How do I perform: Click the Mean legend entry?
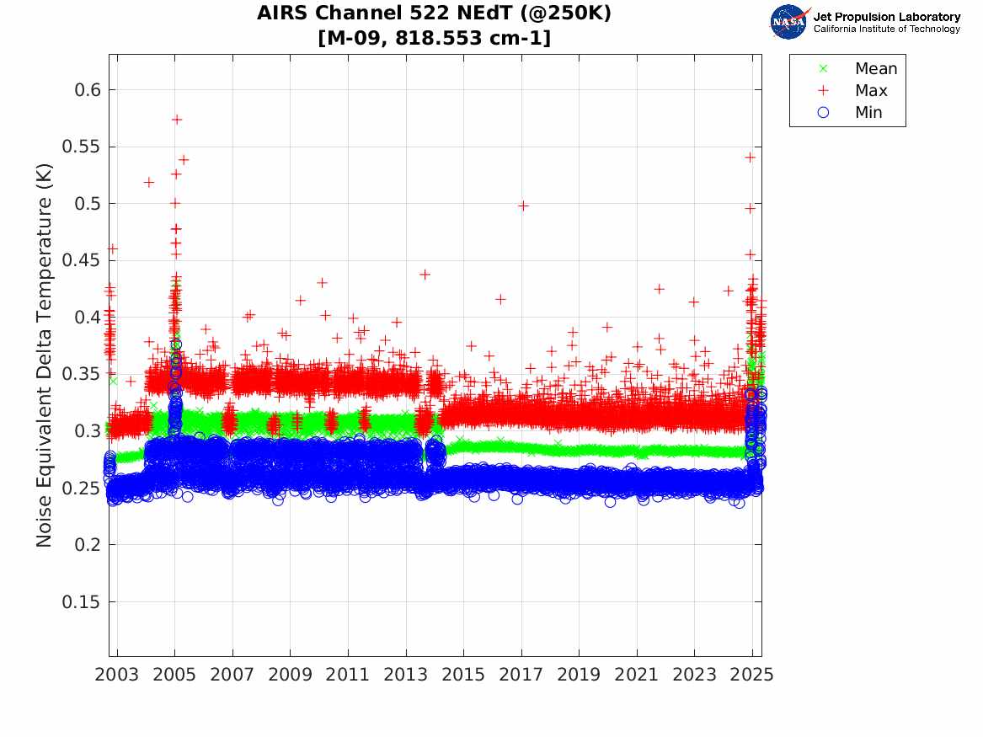875,69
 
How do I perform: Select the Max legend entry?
870,91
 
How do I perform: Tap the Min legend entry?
868,113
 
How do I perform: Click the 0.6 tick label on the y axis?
82,90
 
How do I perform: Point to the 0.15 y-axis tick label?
77,602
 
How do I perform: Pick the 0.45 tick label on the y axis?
77,260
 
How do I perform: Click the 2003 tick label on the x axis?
117,675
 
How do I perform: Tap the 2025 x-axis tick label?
751,675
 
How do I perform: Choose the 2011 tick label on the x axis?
348,675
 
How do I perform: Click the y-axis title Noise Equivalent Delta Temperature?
45,355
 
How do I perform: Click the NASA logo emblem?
788,21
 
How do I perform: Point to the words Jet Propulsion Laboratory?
887,17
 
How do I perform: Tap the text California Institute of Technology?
887,29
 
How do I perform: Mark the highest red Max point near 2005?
176,120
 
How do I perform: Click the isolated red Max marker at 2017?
522,206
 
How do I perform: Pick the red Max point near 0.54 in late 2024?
750,158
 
